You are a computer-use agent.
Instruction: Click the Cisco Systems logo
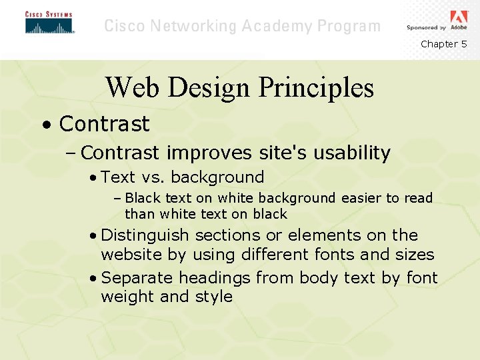49,23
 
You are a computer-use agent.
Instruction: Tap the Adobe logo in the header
459,17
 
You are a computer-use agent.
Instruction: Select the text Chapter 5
443,44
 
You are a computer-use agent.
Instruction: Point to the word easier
361,198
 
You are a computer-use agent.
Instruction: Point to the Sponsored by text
426,28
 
